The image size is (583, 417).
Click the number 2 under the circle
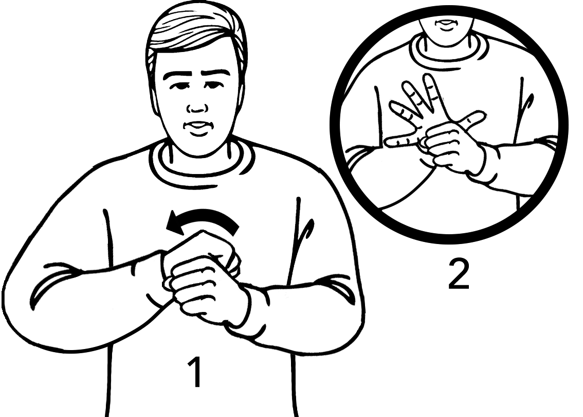459,274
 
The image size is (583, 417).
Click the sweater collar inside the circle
445,52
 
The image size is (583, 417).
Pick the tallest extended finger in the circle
432,93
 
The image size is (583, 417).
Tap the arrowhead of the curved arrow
175,223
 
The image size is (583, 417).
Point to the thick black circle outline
449,239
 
